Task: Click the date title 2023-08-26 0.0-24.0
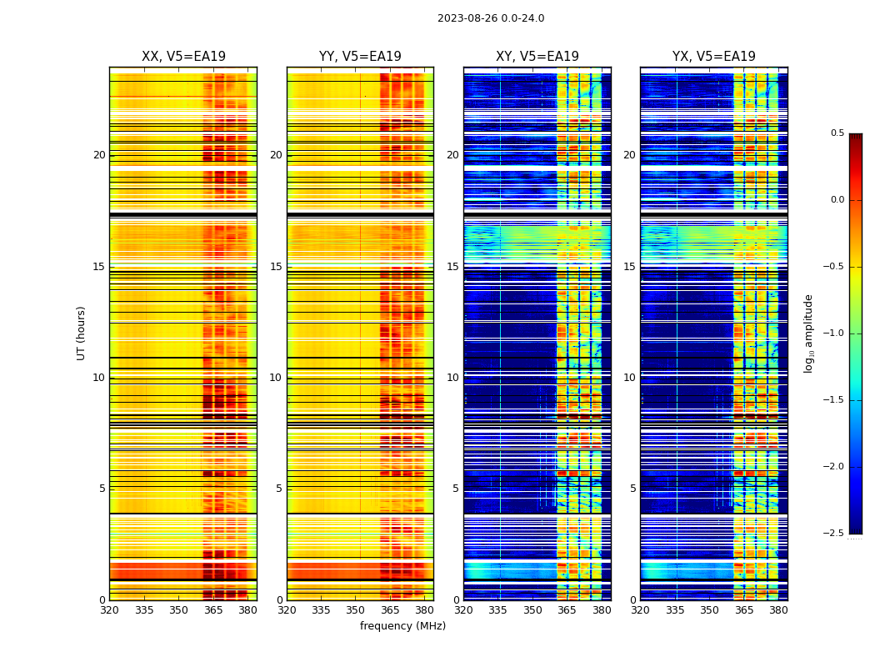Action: click(491, 18)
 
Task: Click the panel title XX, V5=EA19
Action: click(183, 57)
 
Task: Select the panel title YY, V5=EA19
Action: click(360, 57)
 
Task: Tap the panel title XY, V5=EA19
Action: click(537, 57)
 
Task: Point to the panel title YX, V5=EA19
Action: click(714, 57)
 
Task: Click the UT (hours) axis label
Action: click(82, 333)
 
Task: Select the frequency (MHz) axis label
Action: click(402, 626)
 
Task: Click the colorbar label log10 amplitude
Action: click(808, 333)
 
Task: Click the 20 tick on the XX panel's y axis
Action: click(100, 155)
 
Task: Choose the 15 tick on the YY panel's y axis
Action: click(277, 267)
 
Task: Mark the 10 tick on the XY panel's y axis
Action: click(453, 378)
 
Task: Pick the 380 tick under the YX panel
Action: click(778, 610)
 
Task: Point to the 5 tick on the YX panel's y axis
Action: click(633, 489)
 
